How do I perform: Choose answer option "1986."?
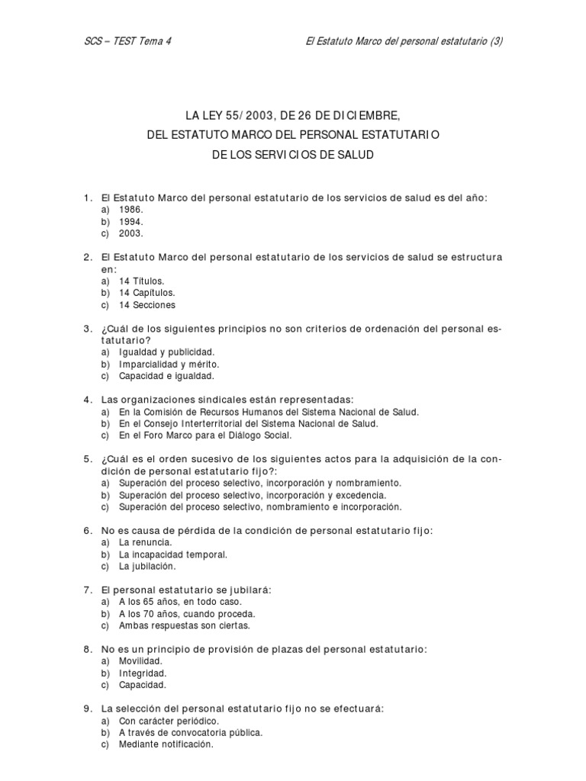131,209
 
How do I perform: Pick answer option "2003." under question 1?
131,233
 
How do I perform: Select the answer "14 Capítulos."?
147,293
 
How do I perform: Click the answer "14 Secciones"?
147,305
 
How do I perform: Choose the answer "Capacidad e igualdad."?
166,376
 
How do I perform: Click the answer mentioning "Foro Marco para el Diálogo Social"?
205,435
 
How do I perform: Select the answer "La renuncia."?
145,542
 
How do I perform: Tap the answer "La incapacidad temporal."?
173,554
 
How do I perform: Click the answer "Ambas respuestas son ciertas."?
184,625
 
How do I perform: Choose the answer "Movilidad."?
141,661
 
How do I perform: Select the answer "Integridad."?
143,673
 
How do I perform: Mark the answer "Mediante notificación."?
166,744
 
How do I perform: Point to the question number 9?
88,709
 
